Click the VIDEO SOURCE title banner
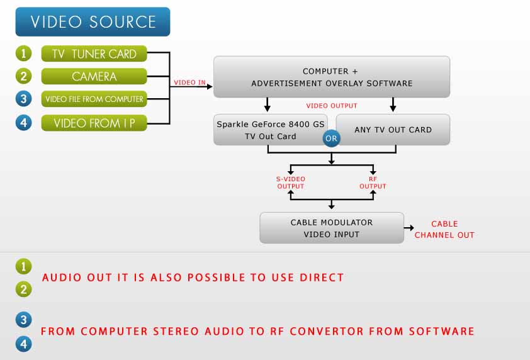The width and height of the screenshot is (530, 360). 93,22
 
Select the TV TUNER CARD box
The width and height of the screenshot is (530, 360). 94,54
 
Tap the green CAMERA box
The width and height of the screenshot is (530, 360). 94,77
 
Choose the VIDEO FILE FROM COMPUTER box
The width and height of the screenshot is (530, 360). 94,99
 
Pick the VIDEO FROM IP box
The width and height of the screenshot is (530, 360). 94,123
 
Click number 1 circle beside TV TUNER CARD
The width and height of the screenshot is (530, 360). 23,54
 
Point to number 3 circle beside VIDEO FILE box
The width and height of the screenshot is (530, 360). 23,99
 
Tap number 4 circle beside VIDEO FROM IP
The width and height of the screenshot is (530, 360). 23,123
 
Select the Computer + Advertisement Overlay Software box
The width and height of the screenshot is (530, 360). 331,77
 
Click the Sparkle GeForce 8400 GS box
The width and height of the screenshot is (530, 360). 270,130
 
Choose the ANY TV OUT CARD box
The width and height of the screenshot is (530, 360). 393,130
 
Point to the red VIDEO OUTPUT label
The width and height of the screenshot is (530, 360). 331,106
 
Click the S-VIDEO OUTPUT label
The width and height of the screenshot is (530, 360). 290,183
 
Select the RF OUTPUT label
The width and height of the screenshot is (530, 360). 373,183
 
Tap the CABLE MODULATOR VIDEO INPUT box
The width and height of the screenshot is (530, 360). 331,228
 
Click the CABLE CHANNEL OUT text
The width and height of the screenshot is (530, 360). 444,229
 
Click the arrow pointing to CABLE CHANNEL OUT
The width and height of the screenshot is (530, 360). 409,228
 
